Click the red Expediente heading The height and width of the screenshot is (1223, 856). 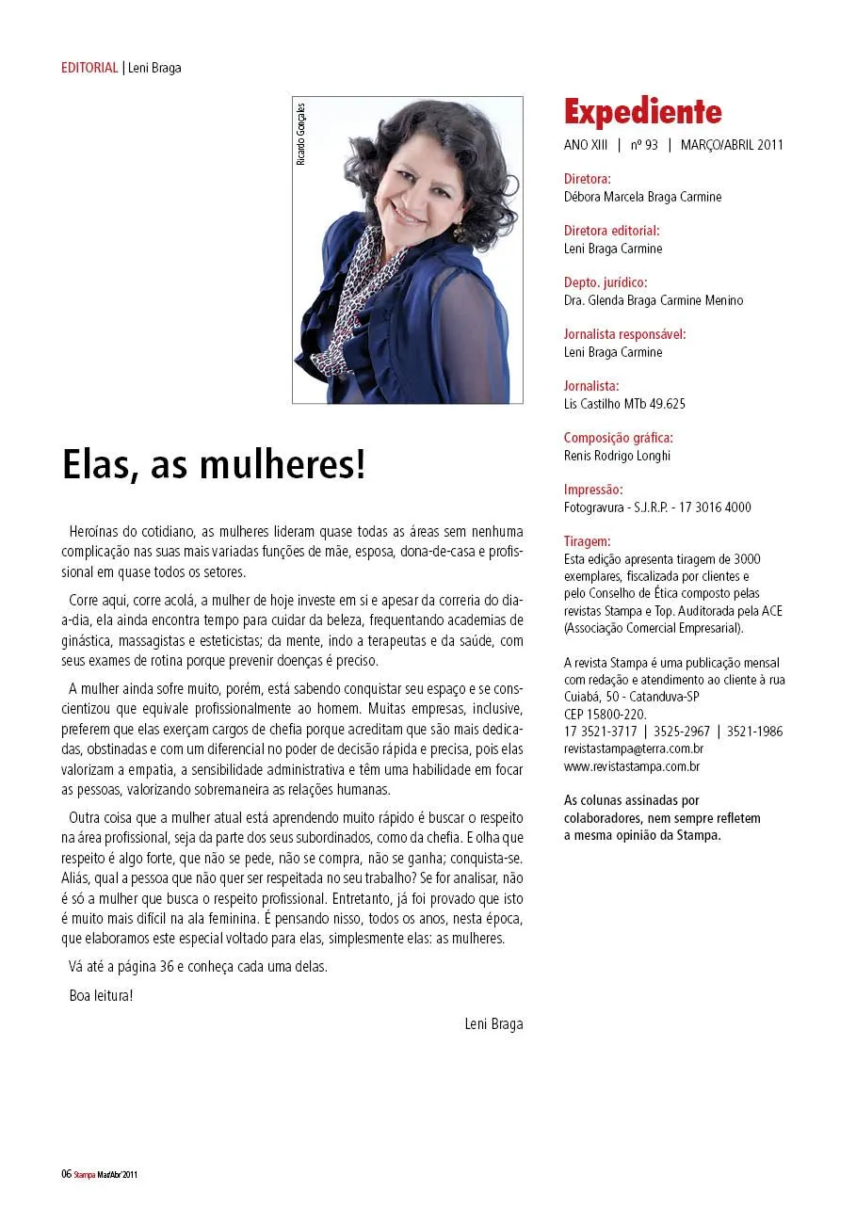point(642,112)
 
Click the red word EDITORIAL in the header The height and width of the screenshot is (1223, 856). point(89,68)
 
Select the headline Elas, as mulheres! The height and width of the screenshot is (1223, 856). point(213,464)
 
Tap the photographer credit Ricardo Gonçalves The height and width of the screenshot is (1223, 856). point(301,133)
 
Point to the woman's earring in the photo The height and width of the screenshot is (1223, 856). point(459,231)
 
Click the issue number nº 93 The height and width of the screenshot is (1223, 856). point(644,145)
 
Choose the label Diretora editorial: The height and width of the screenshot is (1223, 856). point(611,230)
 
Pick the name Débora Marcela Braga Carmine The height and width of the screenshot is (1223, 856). point(642,197)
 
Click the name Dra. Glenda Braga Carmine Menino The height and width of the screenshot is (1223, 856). point(653,300)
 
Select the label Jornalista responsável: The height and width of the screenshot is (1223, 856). point(624,333)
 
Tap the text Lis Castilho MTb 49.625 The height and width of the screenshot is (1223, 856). point(624,404)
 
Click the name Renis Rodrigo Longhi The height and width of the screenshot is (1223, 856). point(617,456)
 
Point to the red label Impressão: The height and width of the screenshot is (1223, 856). point(593,489)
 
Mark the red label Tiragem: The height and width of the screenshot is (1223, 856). point(587,540)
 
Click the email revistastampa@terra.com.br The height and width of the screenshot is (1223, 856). point(633,748)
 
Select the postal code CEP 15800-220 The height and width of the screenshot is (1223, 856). point(605,714)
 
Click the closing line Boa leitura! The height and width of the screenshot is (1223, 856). point(101,995)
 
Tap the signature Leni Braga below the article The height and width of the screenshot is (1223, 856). point(493,1023)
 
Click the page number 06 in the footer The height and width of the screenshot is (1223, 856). point(66,1174)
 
